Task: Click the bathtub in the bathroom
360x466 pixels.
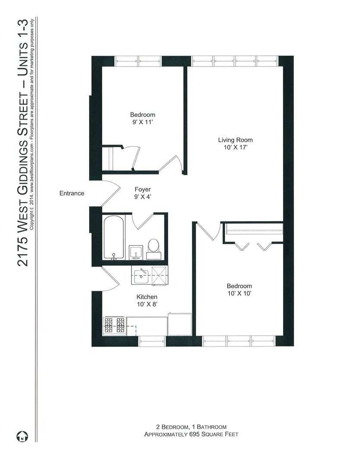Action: click(114, 238)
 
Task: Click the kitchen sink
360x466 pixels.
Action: click(141, 275)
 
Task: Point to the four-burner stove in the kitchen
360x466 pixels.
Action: click(114, 325)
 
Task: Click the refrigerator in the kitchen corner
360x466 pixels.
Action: click(179, 324)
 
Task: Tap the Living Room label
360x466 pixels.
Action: click(235, 140)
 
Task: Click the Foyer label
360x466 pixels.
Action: click(142, 189)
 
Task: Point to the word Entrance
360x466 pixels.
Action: click(72, 193)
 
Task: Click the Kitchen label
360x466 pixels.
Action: click(147, 297)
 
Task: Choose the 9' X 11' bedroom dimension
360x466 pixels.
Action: click(143, 123)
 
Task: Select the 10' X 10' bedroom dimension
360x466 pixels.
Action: click(239, 293)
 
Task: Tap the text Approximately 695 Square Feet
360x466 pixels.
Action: click(191, 435)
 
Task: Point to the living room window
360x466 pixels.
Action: click(235, 61)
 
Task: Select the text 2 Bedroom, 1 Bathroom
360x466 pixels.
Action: click(191, 427)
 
